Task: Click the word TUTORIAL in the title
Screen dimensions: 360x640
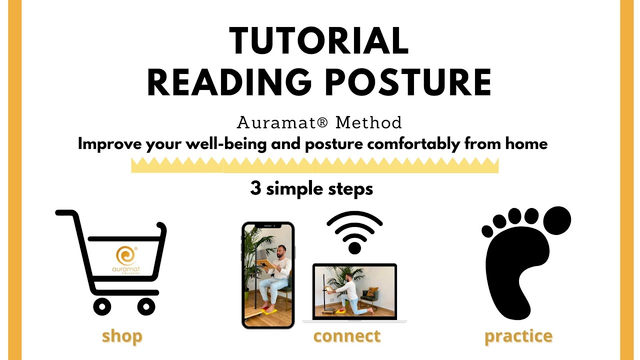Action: (319, 41)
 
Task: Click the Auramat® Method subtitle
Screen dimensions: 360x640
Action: (319, 122)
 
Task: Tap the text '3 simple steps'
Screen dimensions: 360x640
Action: (311, 189)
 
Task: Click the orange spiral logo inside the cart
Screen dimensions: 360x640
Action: (125, 255)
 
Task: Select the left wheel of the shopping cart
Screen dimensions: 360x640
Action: (102, 306)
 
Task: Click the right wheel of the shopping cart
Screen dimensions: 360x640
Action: (145, 306)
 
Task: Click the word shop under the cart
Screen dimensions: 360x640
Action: (122, 336)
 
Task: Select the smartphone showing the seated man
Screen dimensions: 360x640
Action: (268, 275)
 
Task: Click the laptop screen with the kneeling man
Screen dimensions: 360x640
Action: (354, 290)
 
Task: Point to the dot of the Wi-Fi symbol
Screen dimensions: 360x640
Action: (354, 247)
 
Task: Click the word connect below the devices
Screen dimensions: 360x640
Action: (347, 336)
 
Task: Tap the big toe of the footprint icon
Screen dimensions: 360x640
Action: (556, 220)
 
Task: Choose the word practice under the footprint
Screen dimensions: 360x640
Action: (518, 336)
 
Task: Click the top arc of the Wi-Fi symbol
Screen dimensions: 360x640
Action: (354, 216)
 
